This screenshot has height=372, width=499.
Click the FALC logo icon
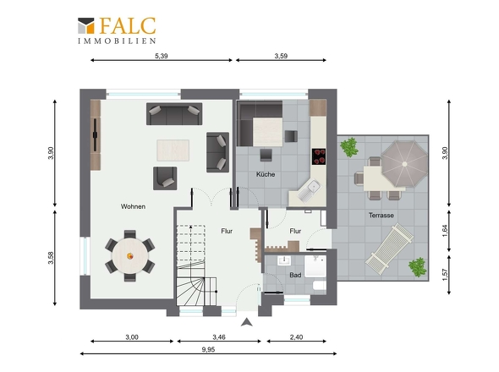86,25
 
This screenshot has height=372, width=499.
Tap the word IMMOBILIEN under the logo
117,41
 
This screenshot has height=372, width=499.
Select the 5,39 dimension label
162,56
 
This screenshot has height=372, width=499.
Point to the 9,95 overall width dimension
208,349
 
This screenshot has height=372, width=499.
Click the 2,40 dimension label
296,337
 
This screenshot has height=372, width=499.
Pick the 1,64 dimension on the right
445,231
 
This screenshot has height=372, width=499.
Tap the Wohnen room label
133,206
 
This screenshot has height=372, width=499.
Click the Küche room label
266,174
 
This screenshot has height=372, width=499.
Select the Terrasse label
381,216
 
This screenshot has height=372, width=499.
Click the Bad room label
295,275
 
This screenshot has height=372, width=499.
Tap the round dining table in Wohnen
130,255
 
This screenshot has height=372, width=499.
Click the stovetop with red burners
319,156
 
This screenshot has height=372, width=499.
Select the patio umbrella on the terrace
404,164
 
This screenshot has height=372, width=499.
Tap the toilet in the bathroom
319,285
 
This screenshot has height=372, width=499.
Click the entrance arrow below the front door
247,322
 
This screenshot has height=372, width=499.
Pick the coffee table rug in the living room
173,150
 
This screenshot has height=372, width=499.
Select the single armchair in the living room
165,178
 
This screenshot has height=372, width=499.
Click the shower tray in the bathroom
315,266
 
